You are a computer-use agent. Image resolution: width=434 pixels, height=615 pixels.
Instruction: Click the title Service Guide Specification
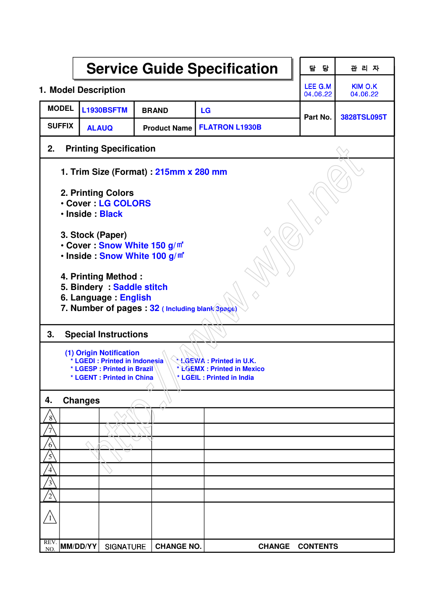coord(182,69)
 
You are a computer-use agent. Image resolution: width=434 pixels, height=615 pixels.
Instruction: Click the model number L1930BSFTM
coord(105,110)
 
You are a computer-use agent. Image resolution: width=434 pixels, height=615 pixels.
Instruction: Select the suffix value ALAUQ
coord(100,128)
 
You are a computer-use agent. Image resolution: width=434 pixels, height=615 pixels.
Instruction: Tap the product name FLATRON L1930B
coord(230,127)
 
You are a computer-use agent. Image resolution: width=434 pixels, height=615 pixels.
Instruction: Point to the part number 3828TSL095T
coord(364,117)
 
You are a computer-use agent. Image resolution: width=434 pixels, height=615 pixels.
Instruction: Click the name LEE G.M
coord(318,87)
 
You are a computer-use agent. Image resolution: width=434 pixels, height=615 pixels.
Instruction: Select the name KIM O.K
coord(364,87)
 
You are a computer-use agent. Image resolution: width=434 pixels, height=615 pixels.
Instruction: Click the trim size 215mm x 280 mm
coord(191,172)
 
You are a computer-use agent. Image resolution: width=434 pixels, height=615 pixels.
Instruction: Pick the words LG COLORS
coord(125,203)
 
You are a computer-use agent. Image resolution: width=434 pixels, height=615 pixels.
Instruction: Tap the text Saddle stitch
coord(140,287)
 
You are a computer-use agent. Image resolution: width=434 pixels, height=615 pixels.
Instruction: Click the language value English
coord(135,297)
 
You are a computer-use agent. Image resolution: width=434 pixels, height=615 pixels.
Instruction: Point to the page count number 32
coord(154,308)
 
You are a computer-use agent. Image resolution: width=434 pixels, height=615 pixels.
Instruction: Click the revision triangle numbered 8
coord(50,417)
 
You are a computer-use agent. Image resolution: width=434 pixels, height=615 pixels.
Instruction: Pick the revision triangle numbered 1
coord(50,518)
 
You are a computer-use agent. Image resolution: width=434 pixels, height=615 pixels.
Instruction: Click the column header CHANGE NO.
coord(178,546)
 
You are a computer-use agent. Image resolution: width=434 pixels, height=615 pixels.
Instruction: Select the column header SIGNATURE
coord(125,547)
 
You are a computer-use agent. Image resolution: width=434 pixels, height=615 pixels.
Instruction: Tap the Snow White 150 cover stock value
coord(141,245)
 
